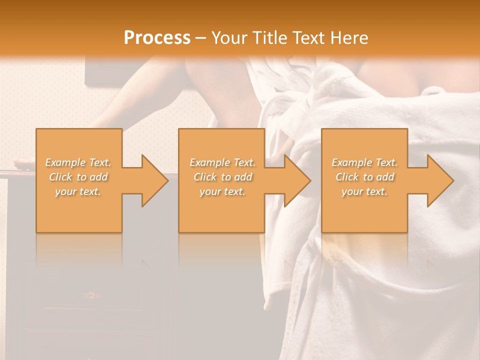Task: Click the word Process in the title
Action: click(157, 37)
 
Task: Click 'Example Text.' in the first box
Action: click(78, 162)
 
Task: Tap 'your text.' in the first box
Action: click(78, 191)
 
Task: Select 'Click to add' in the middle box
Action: click(222, 177)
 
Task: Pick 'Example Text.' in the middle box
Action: click(222, 162)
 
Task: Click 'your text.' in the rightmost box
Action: click(364, 191)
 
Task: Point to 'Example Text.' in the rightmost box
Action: click(364, 162)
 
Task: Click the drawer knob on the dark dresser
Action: click(91, 295)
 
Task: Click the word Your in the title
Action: click(228, 37)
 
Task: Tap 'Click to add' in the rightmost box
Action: click(364, 177)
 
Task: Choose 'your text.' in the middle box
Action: click(222, 191)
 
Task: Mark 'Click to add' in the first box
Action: click(78, 177)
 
